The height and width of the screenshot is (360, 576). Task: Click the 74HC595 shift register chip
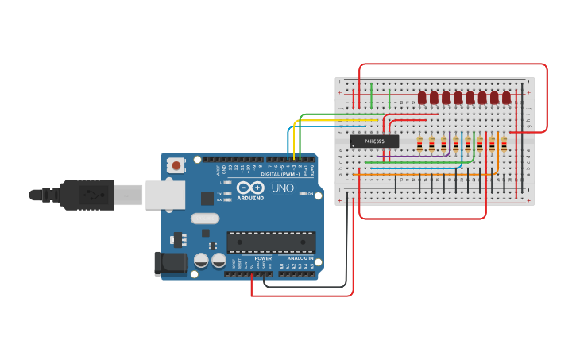point(374,141)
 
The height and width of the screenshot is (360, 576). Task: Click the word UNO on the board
point(284,188)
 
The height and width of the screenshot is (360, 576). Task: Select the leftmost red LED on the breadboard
point(422,97)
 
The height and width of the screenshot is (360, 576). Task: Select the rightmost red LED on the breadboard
point(506,97)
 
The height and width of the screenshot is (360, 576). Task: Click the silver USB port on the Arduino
point(164,195)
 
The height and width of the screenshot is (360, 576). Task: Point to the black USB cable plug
point(79,195)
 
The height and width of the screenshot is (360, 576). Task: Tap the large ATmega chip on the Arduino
point(271,242)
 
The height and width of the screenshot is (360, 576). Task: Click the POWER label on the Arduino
point(263,258)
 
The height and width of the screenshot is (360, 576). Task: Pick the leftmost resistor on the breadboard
point(419,144)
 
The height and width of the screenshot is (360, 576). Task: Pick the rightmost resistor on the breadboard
point(504,144)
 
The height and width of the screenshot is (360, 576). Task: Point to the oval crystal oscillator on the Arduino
point(204,219)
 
